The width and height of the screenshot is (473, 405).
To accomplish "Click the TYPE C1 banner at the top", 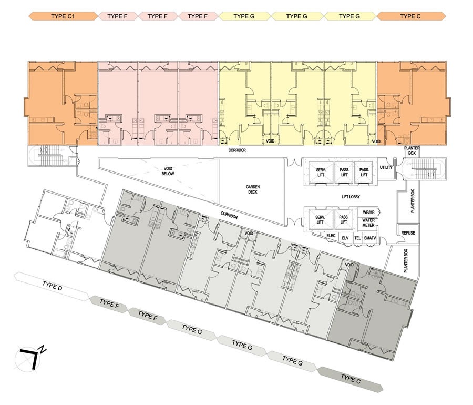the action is pyautogui.click(x=63, y=16).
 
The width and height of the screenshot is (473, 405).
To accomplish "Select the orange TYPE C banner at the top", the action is pyautogui.click(x=410, y=16).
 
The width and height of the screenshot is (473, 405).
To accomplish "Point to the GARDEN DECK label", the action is pyautogui.click(x=252, y=189).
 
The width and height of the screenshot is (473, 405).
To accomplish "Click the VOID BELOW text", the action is pyautogui.click(x=168, y=171).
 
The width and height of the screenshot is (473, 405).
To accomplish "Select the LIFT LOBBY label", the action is pyautogui.click(x=351, y=197).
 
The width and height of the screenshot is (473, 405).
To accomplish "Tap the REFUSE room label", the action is pyautogui.click(x=408, y=233).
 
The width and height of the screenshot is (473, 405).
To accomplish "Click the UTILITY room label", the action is pyautogui.click(x=386, y=167).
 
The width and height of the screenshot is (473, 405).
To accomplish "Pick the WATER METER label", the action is pyautogui.click(x=368, y=222).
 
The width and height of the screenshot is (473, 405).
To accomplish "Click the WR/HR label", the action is pyautogui.click(x=368, y=212).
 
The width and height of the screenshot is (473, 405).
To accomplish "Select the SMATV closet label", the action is pyautogui.click(x=370, y=238).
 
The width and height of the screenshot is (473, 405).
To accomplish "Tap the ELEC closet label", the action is pyautogui.click(x=331, y=236).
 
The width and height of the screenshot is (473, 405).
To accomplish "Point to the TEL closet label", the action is pyautogui.click(x=357, y=238).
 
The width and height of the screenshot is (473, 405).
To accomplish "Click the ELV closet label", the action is pyautogui.click(x=345, y=238).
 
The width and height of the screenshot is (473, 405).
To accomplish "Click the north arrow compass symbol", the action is pyautogui.click(x=29, y=359).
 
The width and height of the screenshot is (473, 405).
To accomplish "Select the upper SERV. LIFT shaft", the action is pyautogui.click(x=321, y=173).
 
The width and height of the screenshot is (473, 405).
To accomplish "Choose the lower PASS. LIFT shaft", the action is pyautogui.click(x=344, y=219).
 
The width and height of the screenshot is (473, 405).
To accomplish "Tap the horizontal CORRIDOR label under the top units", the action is pyautogui.click(x=237, y=150).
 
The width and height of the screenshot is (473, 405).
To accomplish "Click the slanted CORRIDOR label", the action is pyautogui.click(x=229, y=215).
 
